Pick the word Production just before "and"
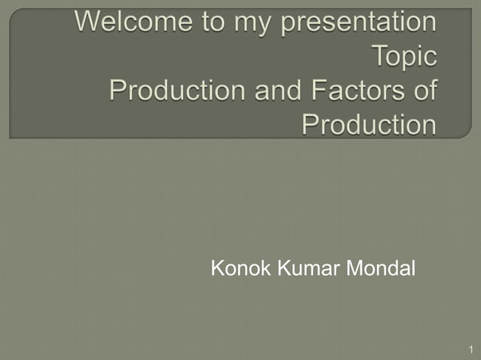[x=171, y=91]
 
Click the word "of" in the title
[x=424, y=91]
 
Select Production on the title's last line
[x=369, y=124]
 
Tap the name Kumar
[x=308, y=268]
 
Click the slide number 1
[x=470, y=349]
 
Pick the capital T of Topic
[x=379, y=56]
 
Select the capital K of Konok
[x=217, y=268]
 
